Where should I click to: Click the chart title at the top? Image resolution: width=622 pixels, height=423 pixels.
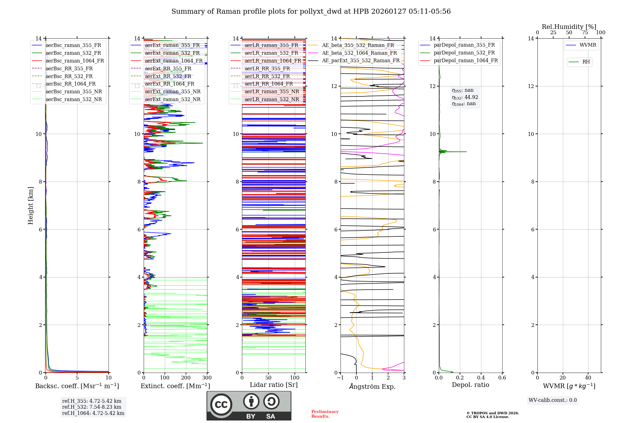(x=311, y=12)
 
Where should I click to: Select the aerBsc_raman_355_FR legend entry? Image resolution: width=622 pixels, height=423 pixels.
(x=73, y=45)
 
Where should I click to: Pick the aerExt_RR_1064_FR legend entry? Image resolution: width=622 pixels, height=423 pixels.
(x=169, y=84)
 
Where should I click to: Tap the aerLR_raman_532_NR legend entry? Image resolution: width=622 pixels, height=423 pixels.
(x=272, y=100)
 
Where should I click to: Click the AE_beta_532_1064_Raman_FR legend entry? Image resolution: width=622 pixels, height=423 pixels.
(x=359, y=53)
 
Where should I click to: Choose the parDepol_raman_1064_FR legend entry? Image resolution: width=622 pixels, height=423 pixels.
(x=466, y=61)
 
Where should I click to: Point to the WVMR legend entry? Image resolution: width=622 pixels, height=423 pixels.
(x=588, y=45)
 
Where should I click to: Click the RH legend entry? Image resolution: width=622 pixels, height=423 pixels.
(x=586, y=62)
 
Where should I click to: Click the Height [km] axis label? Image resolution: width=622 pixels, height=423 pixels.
(x=30, y=205)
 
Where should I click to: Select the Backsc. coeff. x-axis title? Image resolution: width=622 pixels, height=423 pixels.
(x=77, y=386)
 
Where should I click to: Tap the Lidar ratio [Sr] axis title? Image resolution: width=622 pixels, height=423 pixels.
(x=274, y=385)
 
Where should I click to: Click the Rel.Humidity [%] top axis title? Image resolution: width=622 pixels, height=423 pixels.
(x=569, y=27)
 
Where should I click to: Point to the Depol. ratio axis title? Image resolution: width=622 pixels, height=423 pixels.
(x=470, y=385)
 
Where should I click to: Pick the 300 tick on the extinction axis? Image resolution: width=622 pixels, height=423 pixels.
(x=207, y=378)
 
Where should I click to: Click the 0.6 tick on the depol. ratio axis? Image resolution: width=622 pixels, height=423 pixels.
(x=502, y=378)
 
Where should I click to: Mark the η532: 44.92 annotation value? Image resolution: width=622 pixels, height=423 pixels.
(x=465, y=97)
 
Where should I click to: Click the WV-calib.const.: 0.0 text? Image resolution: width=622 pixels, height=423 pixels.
(x=553, y=400)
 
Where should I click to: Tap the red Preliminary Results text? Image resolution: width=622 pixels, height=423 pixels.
(x=325, y=414)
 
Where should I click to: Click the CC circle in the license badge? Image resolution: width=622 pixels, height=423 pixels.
(x=221, y=405)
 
